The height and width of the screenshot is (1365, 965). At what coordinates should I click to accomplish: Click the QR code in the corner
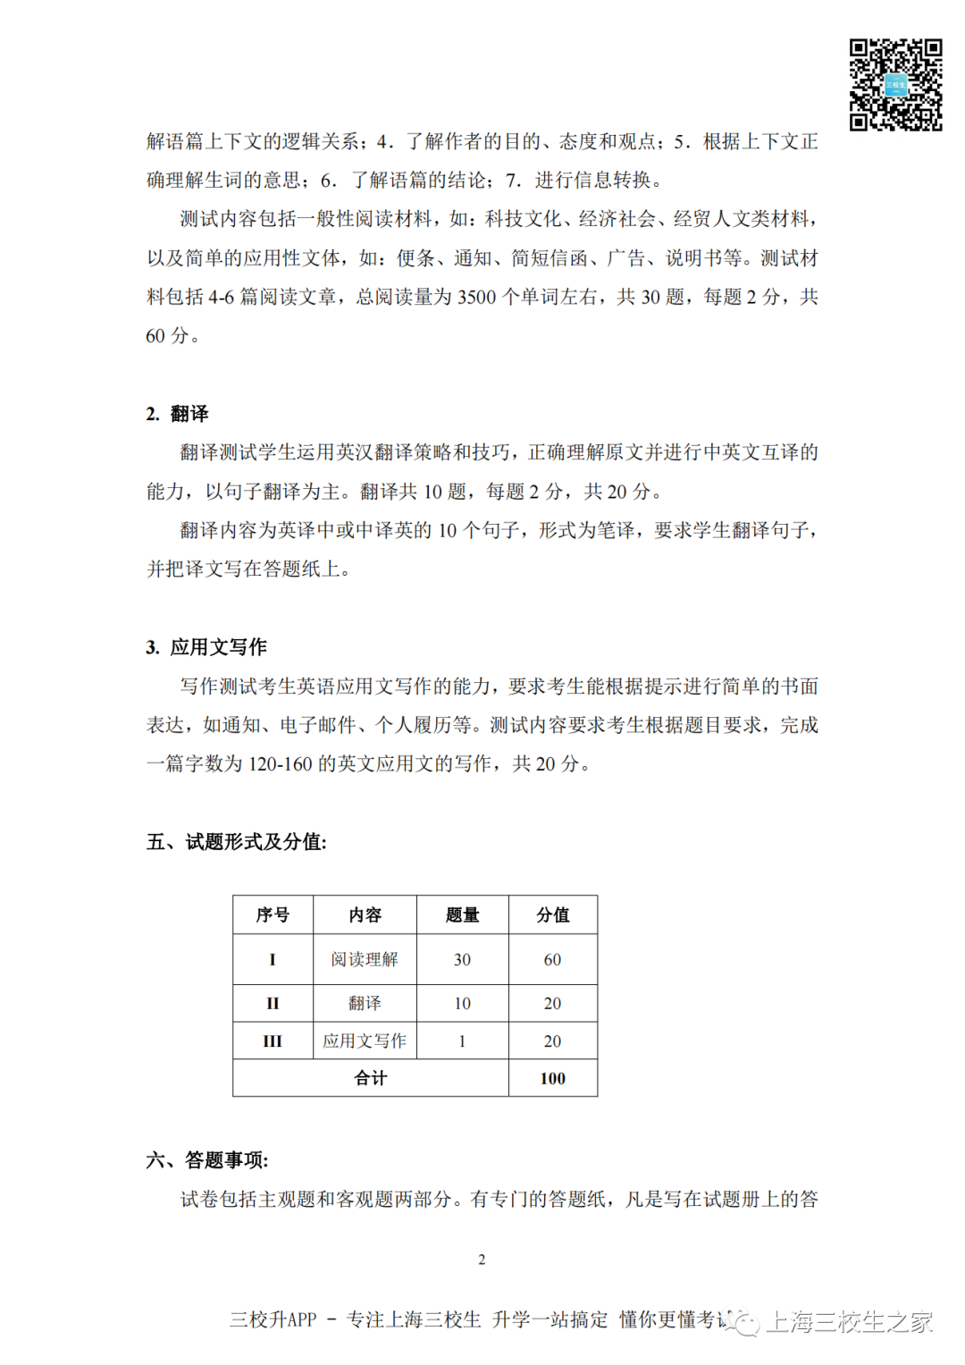point(895,85)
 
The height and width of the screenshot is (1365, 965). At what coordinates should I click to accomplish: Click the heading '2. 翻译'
point(177,414)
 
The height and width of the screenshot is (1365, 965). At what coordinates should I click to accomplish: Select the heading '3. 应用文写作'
point(206,647)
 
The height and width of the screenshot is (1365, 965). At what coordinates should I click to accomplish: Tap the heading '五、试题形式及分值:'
point(237,842)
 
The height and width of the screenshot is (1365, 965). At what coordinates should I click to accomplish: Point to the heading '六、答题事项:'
point(207,1160)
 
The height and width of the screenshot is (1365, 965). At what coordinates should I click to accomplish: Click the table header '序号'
point(273,914)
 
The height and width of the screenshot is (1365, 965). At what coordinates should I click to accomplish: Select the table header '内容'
point(365,914)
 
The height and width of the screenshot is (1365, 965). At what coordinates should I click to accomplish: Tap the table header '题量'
point(462,914)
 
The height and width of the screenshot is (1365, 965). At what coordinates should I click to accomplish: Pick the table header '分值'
point(552,914)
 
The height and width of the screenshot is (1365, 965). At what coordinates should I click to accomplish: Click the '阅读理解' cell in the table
point(365,959)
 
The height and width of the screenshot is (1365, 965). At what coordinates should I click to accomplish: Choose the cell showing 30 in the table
point(462,959)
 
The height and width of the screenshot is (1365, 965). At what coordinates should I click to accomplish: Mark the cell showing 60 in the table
point(552,959)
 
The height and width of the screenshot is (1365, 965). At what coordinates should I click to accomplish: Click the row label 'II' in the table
point(273,1003)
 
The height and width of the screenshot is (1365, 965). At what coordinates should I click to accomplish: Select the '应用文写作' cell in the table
point(365,1041)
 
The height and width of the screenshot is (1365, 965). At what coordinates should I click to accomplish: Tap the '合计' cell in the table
point(371,1078)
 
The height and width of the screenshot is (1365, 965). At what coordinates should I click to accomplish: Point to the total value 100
point(552,1078)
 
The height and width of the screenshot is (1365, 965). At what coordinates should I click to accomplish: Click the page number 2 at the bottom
point(482,1260)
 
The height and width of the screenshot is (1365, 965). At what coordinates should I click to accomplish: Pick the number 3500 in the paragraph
point(476,298)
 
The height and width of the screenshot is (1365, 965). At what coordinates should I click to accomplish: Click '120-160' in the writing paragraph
point(281,764)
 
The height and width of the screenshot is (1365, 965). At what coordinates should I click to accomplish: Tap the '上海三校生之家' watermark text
point(849,1321)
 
